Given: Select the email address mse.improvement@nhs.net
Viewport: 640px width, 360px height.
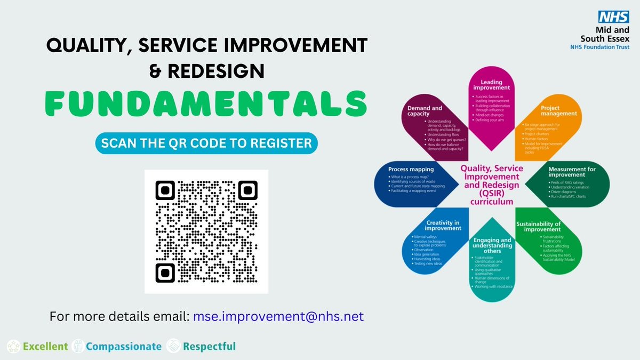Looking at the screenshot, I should pyautogui.click(x=278, y=316).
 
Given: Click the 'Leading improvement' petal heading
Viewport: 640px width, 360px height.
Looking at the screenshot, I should pyautogui.click(x=491, y=84).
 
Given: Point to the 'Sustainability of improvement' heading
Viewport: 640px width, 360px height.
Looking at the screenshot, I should pyautogui.click(x=539, y=227).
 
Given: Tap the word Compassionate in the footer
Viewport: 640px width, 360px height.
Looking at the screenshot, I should pyautogui.click(x=124, y=347).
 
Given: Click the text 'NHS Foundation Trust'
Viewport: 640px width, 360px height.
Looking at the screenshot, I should pyautogui.click(x=600, y=47).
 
